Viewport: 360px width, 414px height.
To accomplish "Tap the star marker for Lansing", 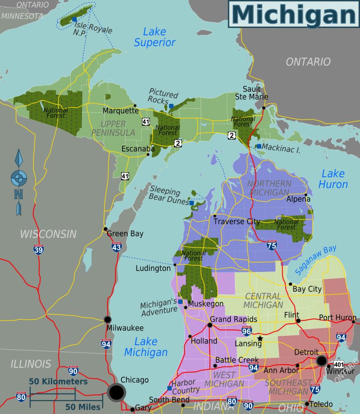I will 260,338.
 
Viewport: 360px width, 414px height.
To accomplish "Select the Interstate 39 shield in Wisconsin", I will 38,249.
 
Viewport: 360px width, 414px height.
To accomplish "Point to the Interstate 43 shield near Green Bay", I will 117,247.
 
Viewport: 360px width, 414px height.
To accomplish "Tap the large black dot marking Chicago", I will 116,392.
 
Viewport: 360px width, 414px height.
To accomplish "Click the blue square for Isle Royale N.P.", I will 74,19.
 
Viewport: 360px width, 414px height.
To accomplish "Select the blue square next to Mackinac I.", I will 259,146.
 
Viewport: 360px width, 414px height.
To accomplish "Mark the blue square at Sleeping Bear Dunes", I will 192,203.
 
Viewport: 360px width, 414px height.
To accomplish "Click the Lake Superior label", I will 155,37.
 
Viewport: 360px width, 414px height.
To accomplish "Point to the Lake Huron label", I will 333,179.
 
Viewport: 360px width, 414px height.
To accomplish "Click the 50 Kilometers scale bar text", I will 58,381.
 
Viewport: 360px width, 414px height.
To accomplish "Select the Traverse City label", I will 237,221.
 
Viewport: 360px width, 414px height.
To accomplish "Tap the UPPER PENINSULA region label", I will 112,128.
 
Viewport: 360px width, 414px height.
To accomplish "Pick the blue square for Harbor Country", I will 169,388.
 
